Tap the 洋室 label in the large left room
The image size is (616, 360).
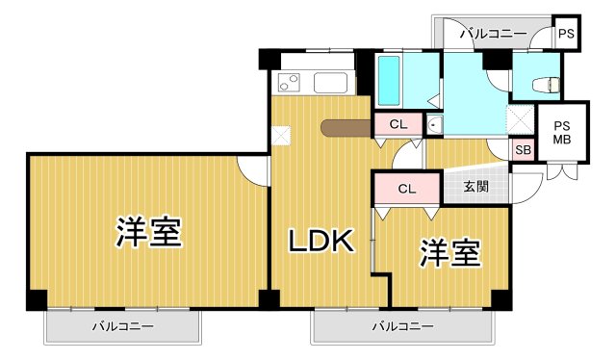(149, 232)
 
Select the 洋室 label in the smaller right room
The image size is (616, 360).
(449, 253)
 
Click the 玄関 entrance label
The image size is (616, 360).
(475, 186)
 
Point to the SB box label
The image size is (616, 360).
(523, 149)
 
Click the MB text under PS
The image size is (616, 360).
(561, 140)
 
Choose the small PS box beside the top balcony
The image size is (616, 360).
(567, 35)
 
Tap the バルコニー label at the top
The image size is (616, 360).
(492, 35)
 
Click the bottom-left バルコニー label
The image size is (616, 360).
(123, 326)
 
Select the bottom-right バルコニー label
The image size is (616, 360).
(403, 326)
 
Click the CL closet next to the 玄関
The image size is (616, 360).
(406, 189)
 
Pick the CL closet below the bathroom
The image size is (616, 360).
(398, 124)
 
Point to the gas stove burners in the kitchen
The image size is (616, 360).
(290, 82)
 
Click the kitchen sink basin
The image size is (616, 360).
(333, 83)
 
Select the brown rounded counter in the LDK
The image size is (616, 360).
(346, 126)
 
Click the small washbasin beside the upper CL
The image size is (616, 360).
(434, 124)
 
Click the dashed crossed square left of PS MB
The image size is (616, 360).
(521, 119)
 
